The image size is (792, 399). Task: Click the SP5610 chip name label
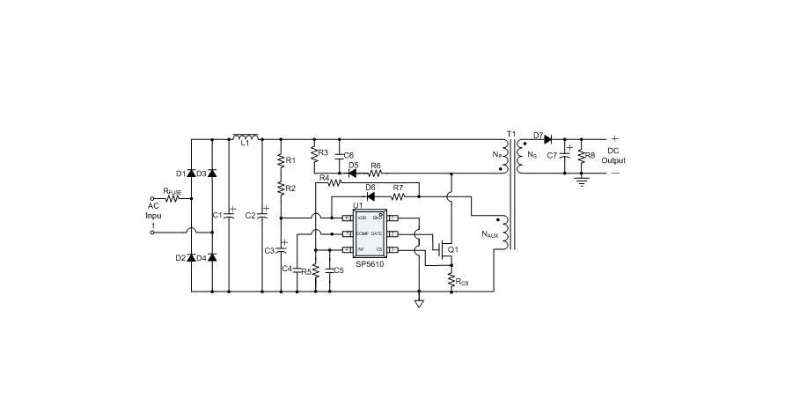(x=370, y=263)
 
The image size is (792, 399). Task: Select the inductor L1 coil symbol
(x=246, y=137)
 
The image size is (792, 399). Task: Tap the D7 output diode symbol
(x=546, y=139)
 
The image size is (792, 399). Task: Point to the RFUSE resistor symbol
(x=173, y=199)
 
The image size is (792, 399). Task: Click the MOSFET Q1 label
(x=453, y=250)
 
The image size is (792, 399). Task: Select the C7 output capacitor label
(x=552, y=155)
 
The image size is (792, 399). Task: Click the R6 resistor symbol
(x=376, y=173)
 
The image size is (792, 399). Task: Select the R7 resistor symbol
(x=398, y=195)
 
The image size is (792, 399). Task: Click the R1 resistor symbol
(x=280, y=161)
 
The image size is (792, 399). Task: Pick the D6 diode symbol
(x=370, y=195)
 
